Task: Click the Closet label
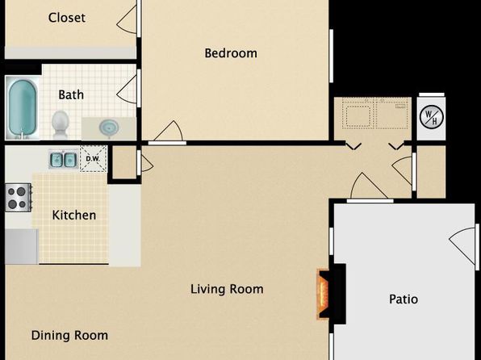tap(66, 18)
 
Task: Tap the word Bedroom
tap(231, 53)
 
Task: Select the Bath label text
tap(71, 94)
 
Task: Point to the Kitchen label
tap(74, 215)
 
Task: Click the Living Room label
tap(227, 289)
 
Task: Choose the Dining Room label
tap(69, 335)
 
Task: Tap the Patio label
tap(404, 299)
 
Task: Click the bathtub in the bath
tap(23, 107)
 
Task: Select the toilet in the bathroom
tap(61, 124)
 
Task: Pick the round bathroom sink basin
tap(109, 127)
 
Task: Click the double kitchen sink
tap(64, 160)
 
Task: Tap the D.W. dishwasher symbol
tap(94, 158)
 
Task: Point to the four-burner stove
tap(19, 198)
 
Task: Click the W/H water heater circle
tap(431, 116)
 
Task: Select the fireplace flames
tap(323, 294)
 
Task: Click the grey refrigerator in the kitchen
tap(22, 246)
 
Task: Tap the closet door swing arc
tap(126, 19)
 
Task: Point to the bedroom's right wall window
tap(332, 56)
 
